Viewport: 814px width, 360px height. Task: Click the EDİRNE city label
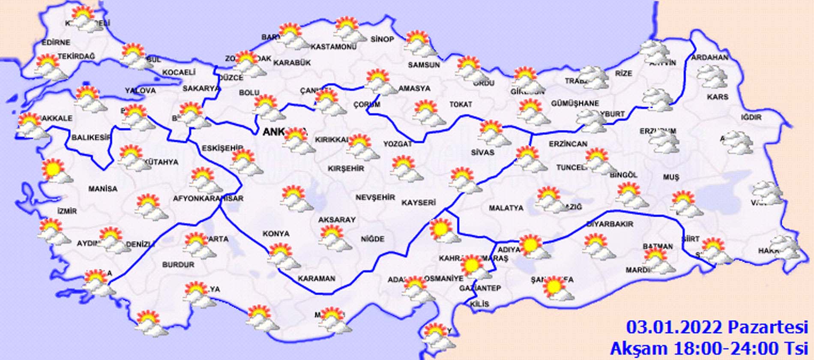coord(56,42)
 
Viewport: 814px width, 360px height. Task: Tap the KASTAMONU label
coord(333,46)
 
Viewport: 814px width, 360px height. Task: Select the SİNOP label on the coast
coord(382,39)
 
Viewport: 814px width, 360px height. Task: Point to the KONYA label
coord(276,234)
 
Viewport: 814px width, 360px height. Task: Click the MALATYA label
coord(506,208)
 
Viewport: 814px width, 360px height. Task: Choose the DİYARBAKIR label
coord(609,224)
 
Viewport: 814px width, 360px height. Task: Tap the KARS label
coord(718,97)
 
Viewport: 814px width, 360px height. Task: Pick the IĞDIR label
coord(752,117)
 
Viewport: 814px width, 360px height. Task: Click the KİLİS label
coord(479,304)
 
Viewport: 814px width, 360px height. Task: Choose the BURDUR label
coord(178,265)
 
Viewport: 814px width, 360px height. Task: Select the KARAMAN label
coord(317,279)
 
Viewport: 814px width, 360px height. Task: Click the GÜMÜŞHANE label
coord(575,104)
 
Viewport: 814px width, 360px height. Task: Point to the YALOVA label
coord(141,90)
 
